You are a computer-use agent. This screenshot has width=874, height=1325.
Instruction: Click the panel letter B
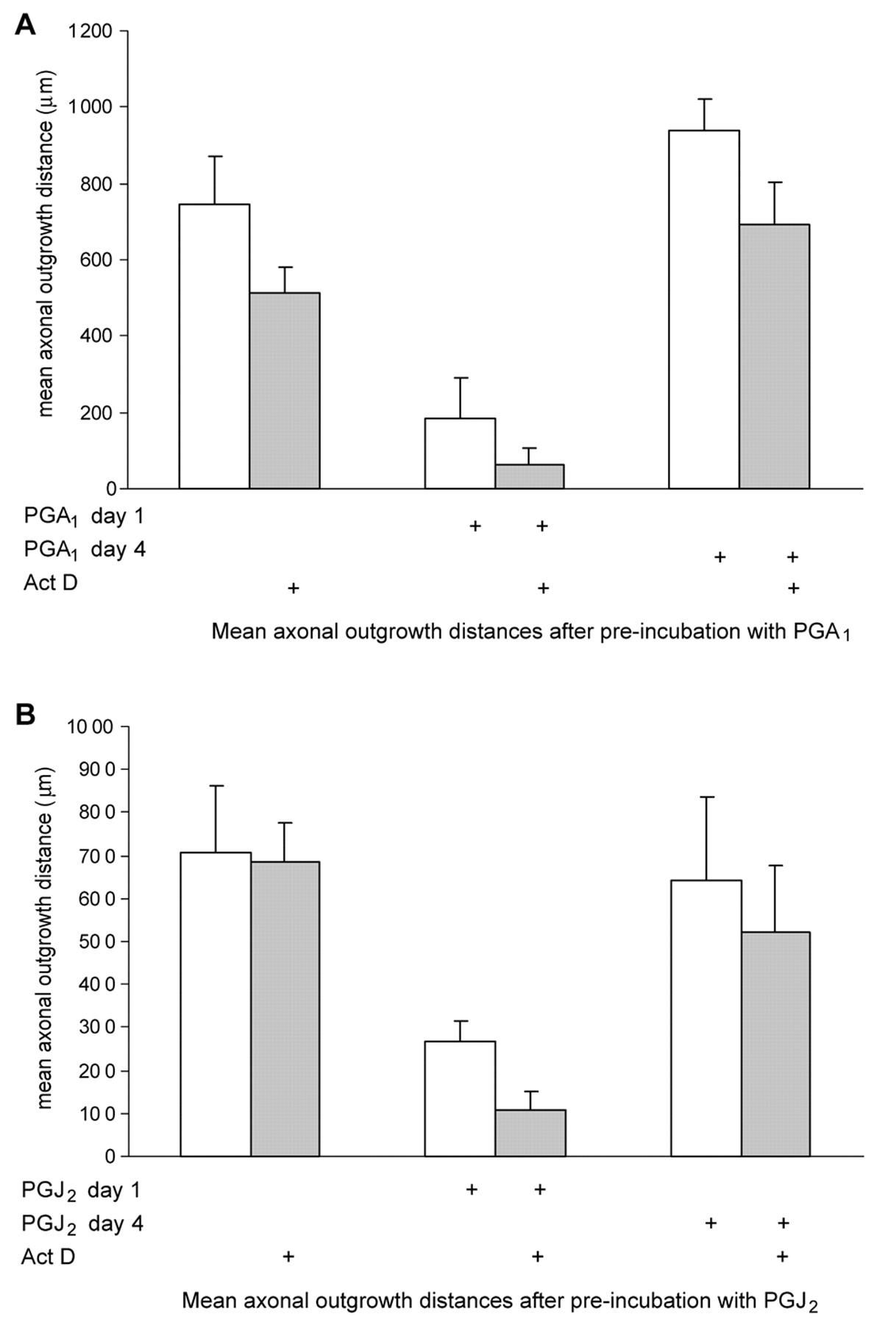pos(26,714)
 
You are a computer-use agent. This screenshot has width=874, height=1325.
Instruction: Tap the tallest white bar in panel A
pos(703,309)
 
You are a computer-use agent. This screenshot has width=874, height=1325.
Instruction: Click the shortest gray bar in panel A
pos(530,476)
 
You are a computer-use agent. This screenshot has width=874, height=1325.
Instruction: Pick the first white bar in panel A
pos(215,346)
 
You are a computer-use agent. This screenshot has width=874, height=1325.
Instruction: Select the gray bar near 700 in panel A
pos(774,356)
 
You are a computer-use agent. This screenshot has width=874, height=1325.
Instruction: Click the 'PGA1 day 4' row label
pos(85,550)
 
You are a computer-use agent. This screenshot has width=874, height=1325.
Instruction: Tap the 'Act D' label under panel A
pos(50,584)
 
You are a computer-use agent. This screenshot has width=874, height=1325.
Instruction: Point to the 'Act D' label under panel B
pos(49,1257)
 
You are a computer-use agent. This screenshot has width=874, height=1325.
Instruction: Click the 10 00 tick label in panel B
pos(90,727)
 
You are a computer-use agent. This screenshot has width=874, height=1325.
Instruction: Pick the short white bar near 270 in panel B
pos(460,1098)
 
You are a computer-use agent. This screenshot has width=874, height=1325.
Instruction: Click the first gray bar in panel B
pos(285,1008)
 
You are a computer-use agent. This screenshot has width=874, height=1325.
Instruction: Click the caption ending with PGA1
pos(530,632)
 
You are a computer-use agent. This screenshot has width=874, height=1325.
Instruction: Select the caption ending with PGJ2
pos(500,1301)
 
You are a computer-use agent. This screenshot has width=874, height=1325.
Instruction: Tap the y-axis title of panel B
pos(46,943)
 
